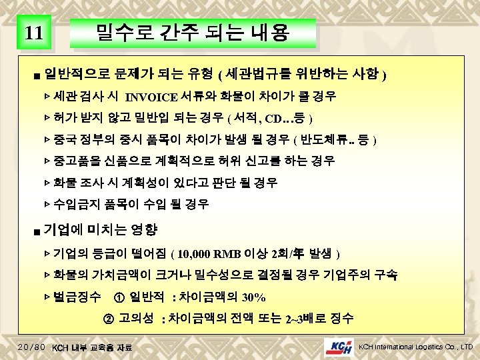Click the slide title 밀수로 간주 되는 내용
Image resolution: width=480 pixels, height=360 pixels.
coord(193,32)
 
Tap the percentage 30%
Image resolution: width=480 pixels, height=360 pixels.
coord(253,297)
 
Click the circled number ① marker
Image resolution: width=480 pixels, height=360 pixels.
coord(118,296)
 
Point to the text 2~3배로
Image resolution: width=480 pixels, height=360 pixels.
coord(307,317)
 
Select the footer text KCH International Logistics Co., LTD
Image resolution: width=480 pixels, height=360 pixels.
coord(415,347)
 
